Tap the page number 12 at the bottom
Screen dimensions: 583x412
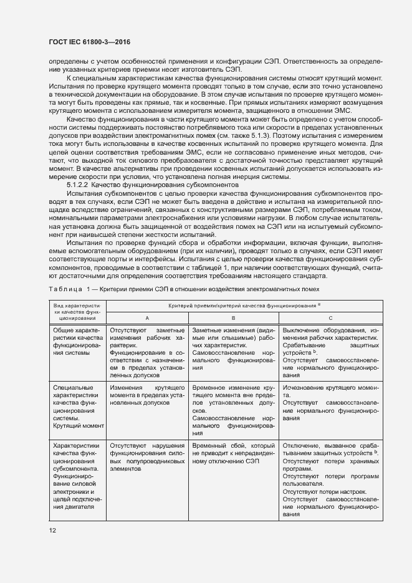click(52, 530)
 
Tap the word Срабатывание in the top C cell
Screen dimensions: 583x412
click(304, 344)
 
